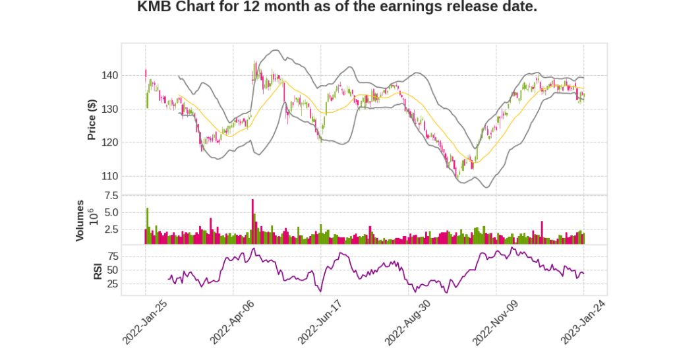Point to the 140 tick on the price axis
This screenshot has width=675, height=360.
coord(109,76)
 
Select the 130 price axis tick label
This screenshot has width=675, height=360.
coord(109,109)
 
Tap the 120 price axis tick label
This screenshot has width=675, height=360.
coord(109,142)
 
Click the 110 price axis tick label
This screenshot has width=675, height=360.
coord(109,176)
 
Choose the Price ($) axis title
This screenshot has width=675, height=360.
coord(92,119)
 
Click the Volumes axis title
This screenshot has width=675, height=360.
coord(80,220)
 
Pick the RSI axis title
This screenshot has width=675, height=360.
coord(98,270)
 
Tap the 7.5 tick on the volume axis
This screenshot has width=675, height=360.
coord(111,196)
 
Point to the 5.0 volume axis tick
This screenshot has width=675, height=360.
coord(111,213)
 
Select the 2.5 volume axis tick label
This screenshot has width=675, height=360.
coord(111,229)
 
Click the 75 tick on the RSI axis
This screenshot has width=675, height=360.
coord(112,256)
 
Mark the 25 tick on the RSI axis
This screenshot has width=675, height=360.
coord(112,284)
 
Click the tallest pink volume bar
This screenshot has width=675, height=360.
coord(252,221)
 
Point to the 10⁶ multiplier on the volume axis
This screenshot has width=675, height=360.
coord(93,218)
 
